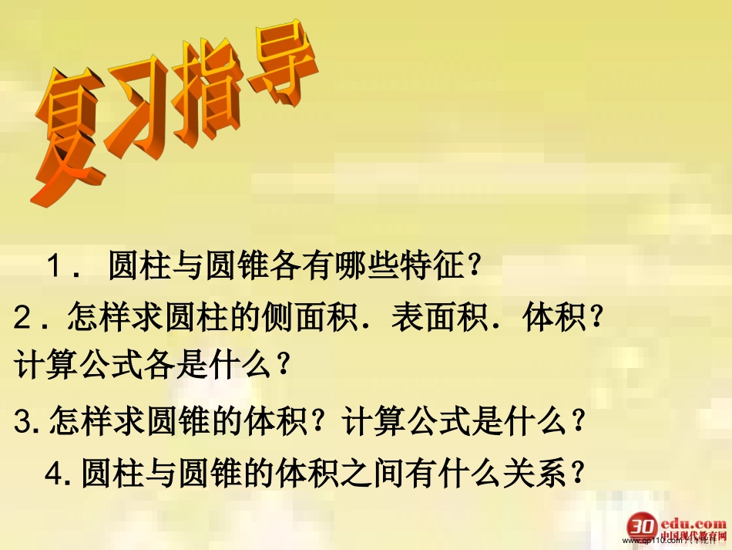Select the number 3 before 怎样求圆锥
coord(22,421)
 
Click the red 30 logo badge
coord(641,525)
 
